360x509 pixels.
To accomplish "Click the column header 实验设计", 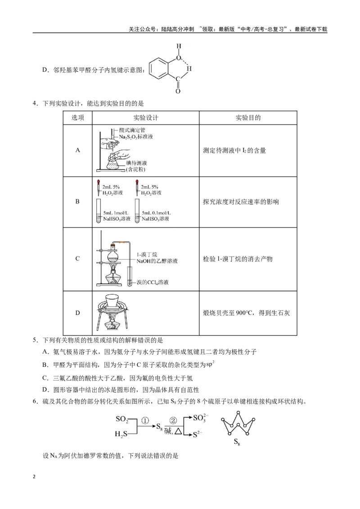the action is [146, 118].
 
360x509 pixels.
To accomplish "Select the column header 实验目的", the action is [248, 118].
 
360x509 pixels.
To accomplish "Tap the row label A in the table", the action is [78, 150].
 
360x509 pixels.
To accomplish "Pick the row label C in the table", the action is [77, 259].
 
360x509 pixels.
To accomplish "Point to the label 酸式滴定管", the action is [132, 130].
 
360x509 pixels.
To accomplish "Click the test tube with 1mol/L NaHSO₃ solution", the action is [99, 211].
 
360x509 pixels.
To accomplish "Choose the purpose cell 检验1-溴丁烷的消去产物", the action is [238, 259].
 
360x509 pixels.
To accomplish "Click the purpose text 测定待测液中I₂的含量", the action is [234, 151].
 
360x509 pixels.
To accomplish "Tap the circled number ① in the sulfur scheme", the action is [145, 421].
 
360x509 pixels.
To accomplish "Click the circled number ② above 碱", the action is [173, 421].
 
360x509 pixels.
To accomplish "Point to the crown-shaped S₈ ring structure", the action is [238, 423].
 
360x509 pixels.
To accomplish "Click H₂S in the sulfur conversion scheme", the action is [121, 434].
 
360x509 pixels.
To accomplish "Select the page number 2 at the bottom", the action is [34, 477].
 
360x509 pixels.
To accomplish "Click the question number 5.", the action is [35, 340].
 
